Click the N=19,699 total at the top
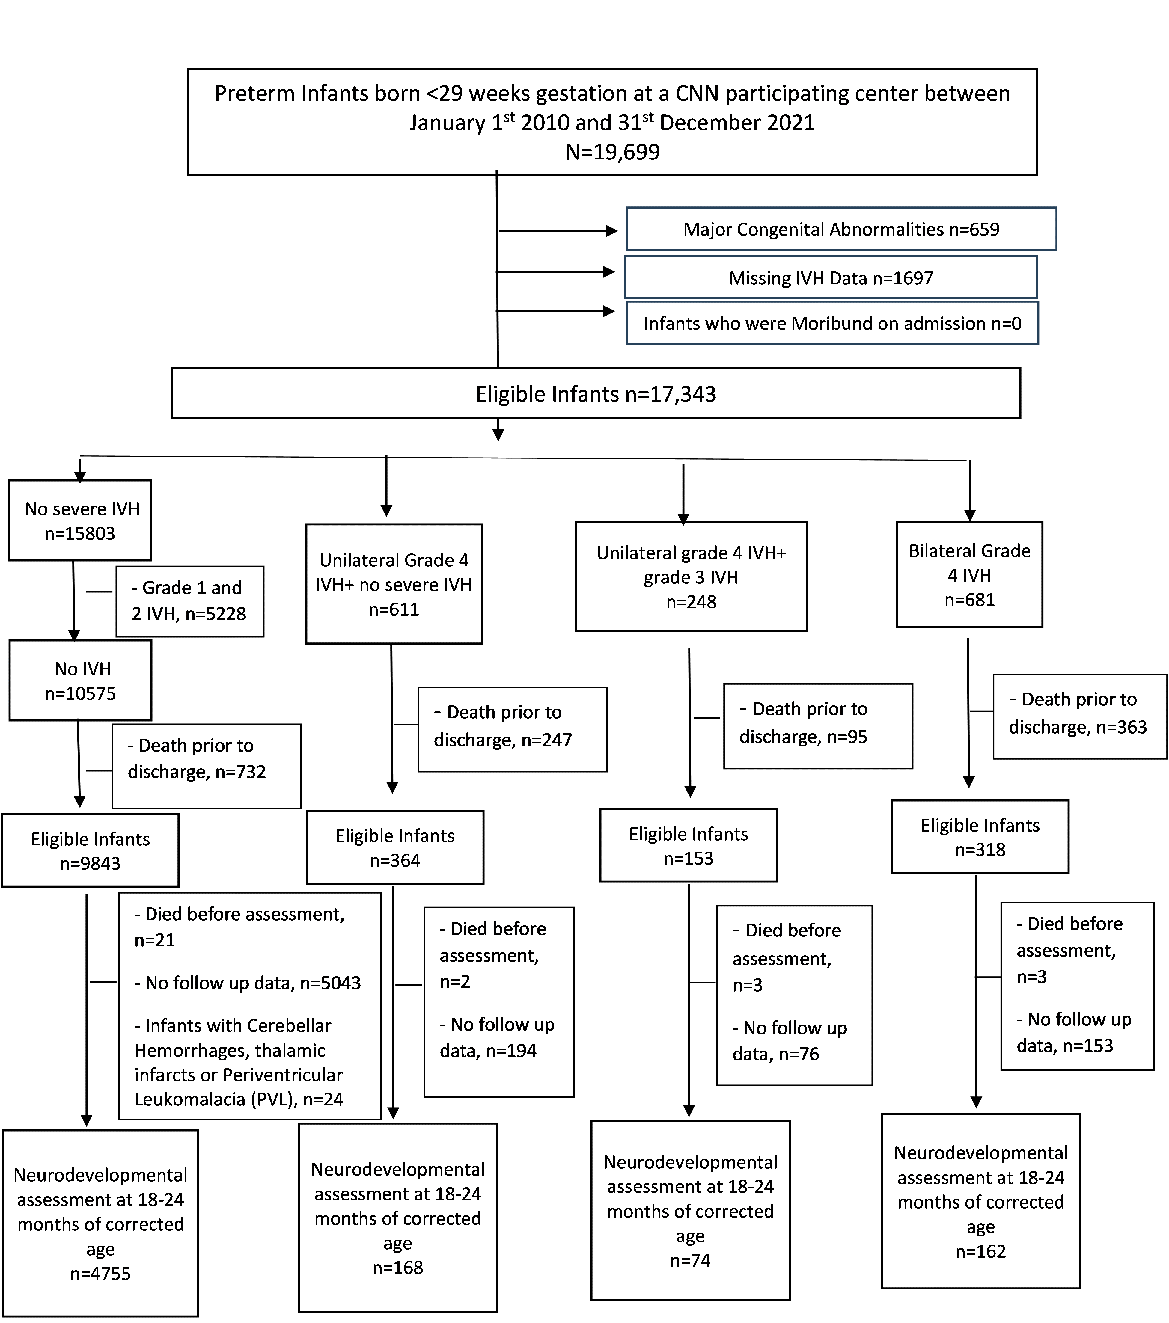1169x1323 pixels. [x=612, y=152]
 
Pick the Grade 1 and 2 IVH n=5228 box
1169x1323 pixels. [x=190, y=601]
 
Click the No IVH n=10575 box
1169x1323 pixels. [x=80, y=680]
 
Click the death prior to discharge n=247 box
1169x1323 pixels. [x=513, y=729]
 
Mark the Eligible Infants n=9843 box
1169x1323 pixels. [x=90, y=850]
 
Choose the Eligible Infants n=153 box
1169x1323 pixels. [x=689, y=845]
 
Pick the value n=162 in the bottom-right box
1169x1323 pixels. [x=981, y=1251]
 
